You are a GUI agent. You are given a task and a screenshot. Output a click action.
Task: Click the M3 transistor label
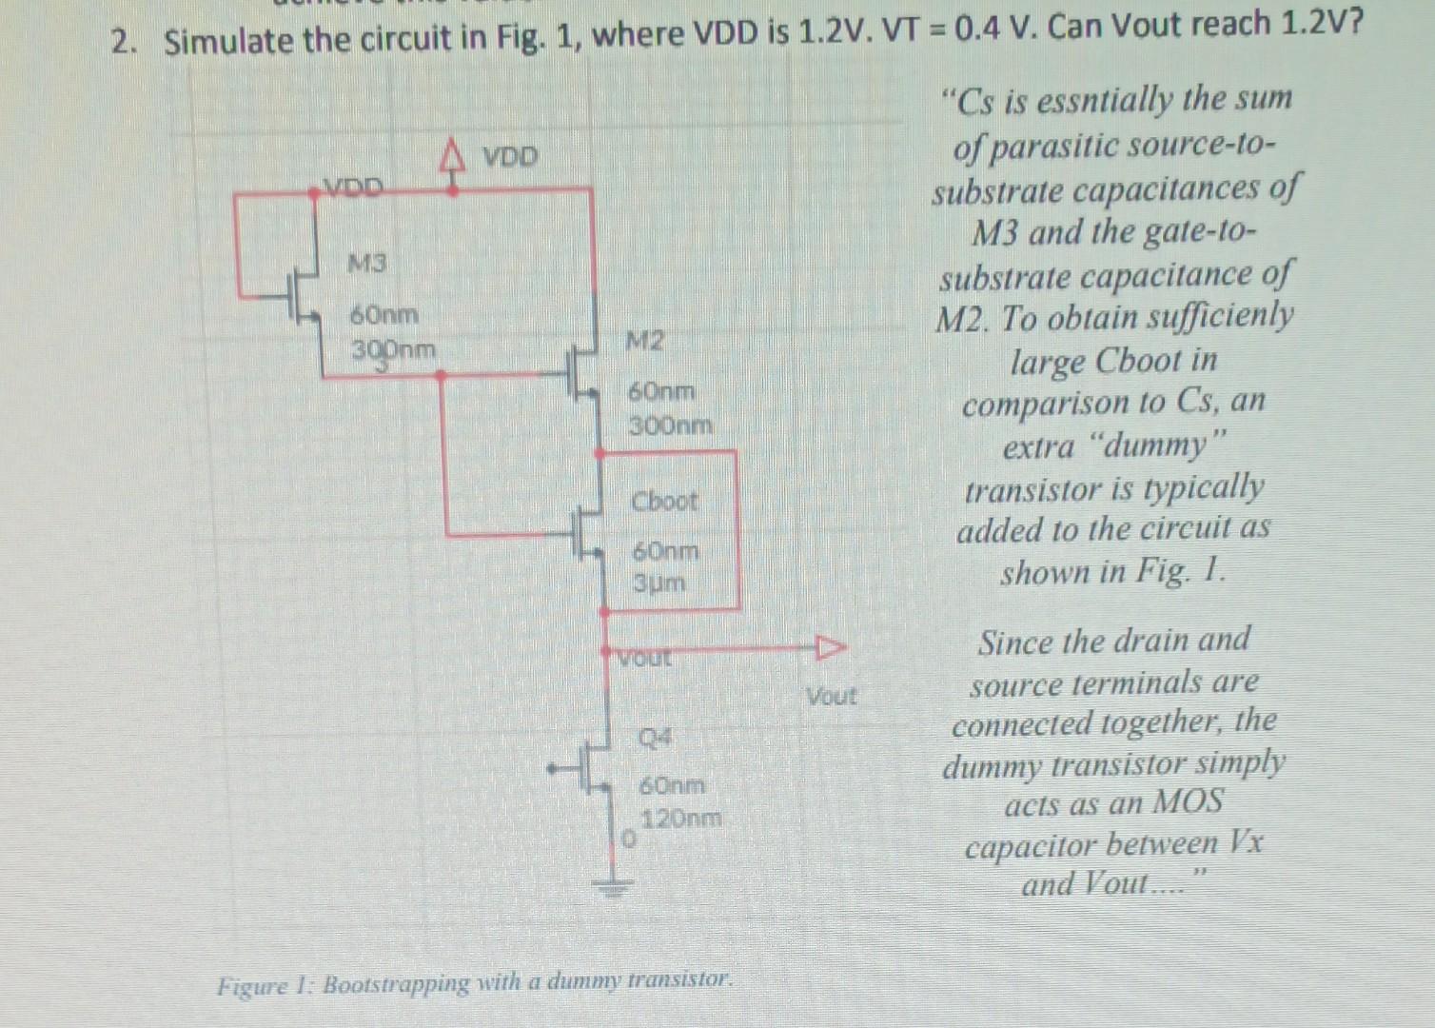tap(366, 261)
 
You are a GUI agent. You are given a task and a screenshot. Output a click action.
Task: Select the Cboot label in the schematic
tap(664, 501)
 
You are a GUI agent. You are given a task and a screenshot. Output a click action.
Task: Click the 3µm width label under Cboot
tap(659, 583)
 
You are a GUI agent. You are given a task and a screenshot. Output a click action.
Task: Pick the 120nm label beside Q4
tap(681, 818)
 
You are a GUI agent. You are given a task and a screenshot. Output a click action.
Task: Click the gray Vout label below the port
tap(831, 697)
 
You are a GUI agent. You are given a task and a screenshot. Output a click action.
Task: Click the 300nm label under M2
tap(671, 425)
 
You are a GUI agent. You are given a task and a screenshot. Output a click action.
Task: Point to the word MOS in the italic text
tap(1187, 802)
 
